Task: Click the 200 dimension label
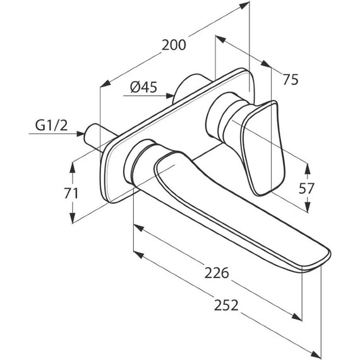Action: (x=174, y=45)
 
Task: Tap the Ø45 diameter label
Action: (x=144, y=87)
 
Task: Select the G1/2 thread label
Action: (x=51, y=125)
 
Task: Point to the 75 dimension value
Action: (x=291, y=80)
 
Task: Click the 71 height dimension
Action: (x=71, y=193)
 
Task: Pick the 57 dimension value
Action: (x=306, y=188)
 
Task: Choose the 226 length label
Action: (x=217, y=273)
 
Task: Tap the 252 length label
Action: (x=226, y=305)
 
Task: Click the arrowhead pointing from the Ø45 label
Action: (x=169, y=95)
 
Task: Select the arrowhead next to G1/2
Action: (x=81, y=134)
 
